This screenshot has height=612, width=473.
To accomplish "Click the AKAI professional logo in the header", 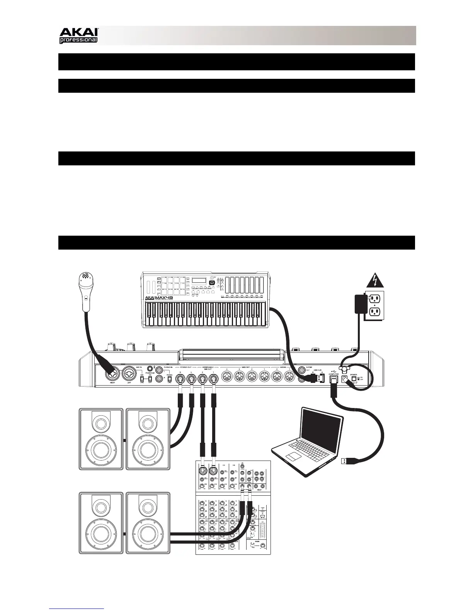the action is coord(78,36).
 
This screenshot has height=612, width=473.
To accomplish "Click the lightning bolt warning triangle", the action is coord(374,279).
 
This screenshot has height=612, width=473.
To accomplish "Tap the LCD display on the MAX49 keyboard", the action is coord(199,282).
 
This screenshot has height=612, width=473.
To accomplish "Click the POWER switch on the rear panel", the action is coord(353,379).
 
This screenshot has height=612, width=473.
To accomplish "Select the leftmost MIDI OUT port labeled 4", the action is coord(227,376).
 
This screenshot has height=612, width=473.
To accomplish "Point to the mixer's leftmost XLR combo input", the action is coord(202,472).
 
